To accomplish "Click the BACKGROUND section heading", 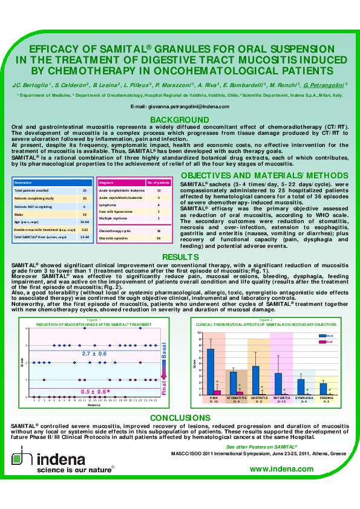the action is [x=179, y=119].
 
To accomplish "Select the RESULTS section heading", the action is [x=179, y=258].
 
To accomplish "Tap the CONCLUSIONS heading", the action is [x=180, y=418].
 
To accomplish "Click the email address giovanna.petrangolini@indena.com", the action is [x=180, y=106].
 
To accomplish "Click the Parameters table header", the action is [x=24, y=182].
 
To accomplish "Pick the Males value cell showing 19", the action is [x=85, y=213].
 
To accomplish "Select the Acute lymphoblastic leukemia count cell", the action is [x=158, y=190].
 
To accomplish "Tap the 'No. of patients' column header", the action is [x=159, y=182].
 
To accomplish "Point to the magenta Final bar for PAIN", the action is [x=217, y=392].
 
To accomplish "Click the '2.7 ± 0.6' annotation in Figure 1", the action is [x=94, y=353].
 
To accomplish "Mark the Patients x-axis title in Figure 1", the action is [x=94, y=404].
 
